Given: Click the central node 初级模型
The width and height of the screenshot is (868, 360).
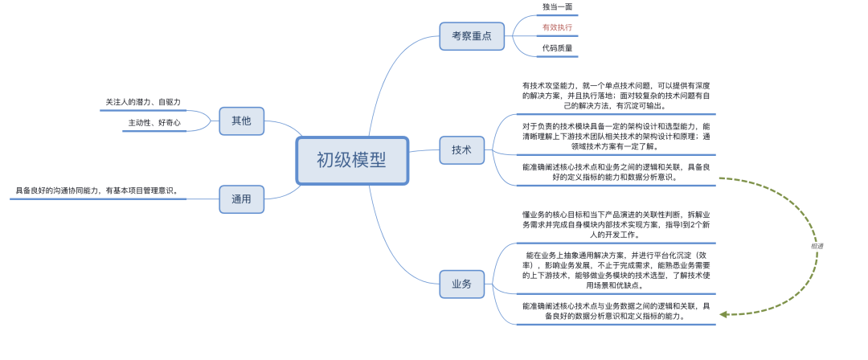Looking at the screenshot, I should [351, 161].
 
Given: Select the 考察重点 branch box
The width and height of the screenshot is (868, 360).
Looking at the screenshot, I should [471, 35].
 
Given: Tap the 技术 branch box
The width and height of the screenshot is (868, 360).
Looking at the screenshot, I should [461, 149].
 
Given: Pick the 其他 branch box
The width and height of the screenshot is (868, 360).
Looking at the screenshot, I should [241, 121].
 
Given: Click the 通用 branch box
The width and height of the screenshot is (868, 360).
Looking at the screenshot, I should [241, 198].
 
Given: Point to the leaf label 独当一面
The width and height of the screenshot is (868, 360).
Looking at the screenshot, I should [557, 6].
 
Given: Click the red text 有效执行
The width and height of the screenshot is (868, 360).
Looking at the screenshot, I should [557, 27].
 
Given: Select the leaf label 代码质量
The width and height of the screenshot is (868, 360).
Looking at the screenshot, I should [557, 48].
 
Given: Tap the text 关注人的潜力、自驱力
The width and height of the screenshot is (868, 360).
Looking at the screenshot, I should [143, 102].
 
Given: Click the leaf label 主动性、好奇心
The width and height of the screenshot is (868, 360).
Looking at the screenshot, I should [154, 123].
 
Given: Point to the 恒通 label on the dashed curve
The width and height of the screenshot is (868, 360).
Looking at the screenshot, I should [817, 246].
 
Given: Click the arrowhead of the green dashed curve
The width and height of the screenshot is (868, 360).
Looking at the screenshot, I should [724, 314].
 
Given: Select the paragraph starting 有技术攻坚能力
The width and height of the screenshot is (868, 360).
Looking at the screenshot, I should [616, 95].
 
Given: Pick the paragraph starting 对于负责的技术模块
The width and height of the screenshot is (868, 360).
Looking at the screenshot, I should [616, 137].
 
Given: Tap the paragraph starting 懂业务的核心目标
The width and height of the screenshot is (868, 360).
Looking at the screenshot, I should [616, 224].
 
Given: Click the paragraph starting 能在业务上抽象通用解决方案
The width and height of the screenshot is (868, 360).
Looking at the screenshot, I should [616, 270].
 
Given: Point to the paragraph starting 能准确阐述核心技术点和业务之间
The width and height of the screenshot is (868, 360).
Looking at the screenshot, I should [616, 172].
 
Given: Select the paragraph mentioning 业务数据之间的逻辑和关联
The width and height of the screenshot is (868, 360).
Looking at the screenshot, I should [616, 311].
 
